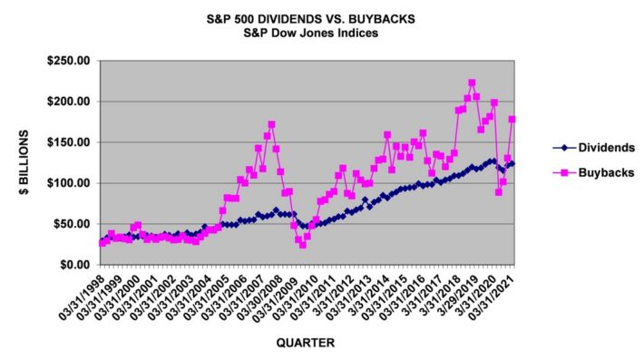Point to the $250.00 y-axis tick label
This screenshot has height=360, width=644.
pyautogui.click(x=71, y=61)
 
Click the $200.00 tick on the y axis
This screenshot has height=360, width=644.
pyautogui.click(x=71, y=102)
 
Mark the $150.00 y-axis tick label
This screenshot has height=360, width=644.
pyautogui.click(x=71, y=142)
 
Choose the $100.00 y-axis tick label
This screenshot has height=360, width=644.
pyautogui.click(x=71, y=183)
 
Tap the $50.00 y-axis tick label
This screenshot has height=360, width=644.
pyautogui.click(x=73, y=224)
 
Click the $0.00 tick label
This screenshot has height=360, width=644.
pyautogui.click(x=76, y=265)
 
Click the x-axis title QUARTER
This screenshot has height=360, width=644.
pyautogui.click(x=308, y=343)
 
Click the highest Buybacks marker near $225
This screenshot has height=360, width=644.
pyautogui.click(x=472, y=83)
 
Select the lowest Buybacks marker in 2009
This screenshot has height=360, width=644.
pyautogui.click(x=302, y=245)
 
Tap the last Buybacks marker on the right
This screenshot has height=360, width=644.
pyautogui.click(x=512, y=119)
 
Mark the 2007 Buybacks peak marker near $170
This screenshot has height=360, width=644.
pyautogui.click(x=271, y=124)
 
